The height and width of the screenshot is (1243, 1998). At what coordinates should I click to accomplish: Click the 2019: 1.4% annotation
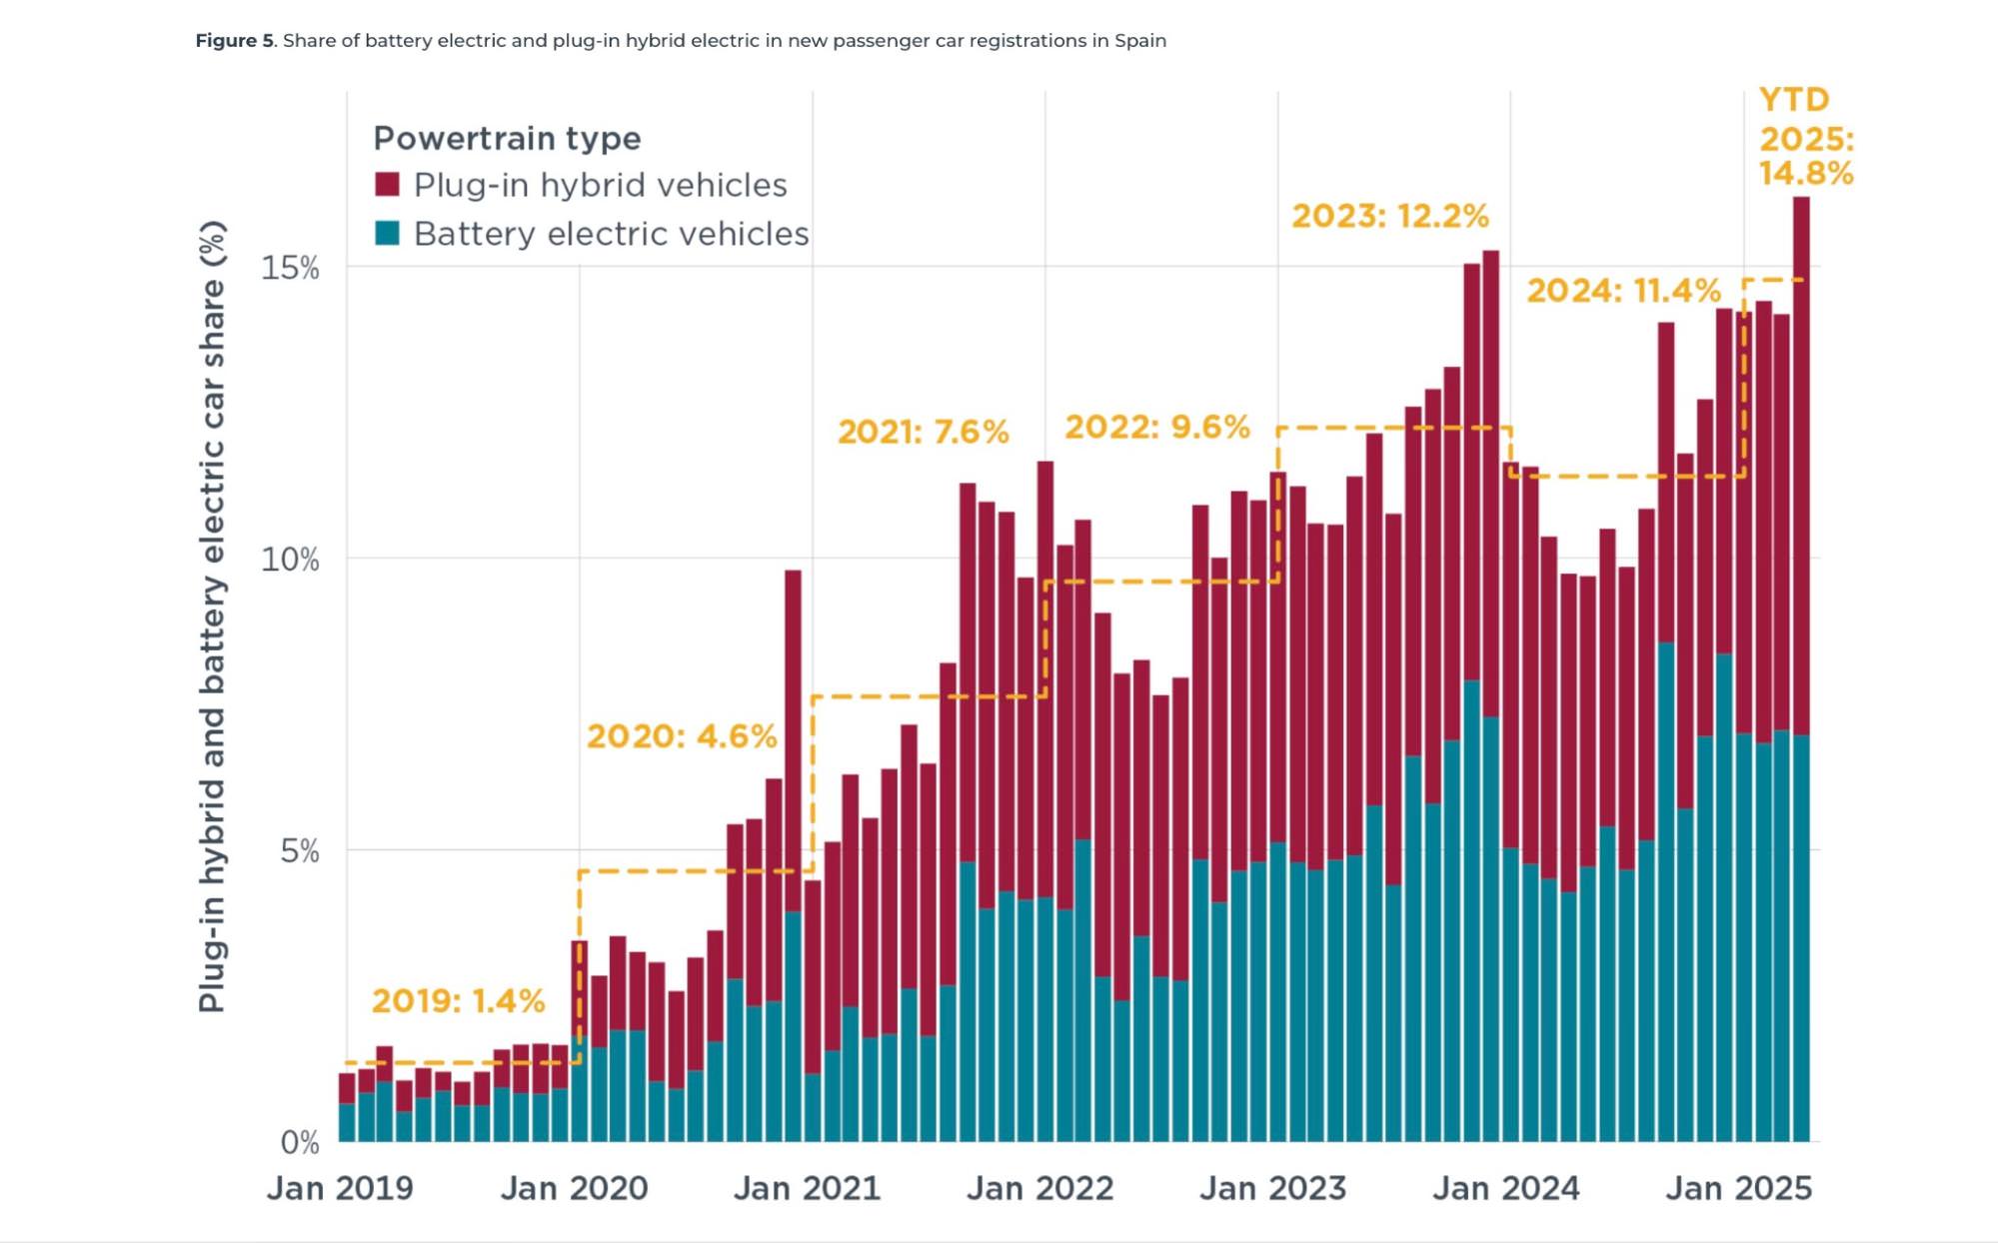point(458,1000)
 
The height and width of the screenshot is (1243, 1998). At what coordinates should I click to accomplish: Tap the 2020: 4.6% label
point(681,736)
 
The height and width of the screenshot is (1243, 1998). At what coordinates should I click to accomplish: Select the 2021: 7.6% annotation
point(923,432)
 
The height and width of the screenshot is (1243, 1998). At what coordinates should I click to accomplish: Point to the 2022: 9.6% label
point(1156,427)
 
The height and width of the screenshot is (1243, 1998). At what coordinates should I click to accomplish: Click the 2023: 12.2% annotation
point(1389,216)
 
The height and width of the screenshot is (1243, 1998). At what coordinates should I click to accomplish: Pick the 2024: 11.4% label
point(1623,291)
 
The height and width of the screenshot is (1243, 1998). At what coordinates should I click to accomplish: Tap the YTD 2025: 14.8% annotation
point(1805,137)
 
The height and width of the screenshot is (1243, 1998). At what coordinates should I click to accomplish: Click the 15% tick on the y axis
point(290,268)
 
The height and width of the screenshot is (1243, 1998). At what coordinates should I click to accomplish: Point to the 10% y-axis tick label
point(290,560)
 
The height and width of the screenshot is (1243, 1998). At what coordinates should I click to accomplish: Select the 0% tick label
point(299,1142)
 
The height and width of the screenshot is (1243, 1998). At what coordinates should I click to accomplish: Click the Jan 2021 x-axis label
point(807,1188)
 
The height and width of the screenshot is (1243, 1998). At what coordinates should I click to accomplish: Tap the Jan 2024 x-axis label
point(1505,1188)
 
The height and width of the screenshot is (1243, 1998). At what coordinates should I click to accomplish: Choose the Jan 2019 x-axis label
point(340,1188)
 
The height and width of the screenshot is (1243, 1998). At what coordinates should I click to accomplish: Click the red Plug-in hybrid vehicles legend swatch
point(387,185)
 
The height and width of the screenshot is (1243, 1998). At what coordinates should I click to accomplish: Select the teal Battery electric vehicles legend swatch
point(387,234)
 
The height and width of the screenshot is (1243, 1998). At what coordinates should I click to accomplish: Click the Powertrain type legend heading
point(507,138)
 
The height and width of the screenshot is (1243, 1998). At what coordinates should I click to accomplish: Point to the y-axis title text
point(212,617)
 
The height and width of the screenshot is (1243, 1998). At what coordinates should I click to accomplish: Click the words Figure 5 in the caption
point(234,41)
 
